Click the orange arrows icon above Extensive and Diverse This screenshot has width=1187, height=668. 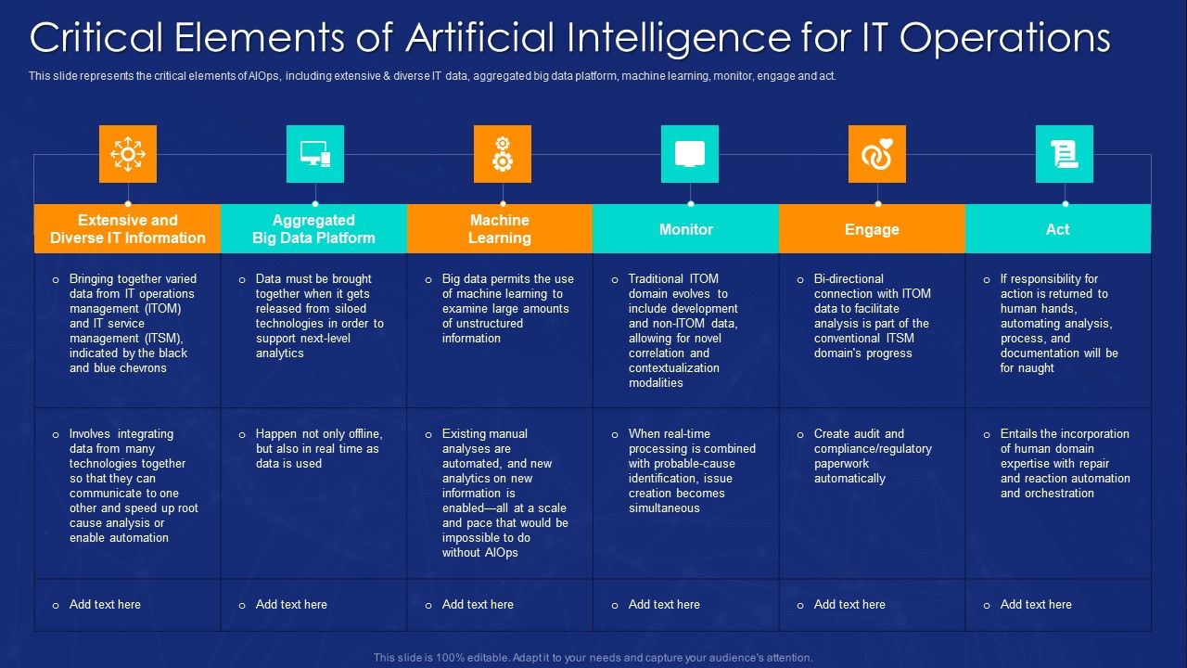click(128, 154)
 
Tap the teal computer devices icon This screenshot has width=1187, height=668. click(315, 154)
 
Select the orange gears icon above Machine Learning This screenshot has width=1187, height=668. click(503, 154)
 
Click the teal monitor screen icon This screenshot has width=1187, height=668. click(690, 154)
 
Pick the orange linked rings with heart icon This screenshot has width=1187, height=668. click(877, 154)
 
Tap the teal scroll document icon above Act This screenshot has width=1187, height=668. click(1065, 154)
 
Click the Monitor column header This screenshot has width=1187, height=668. click(686, 229)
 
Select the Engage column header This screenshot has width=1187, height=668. click(872, 229)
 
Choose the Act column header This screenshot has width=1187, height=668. click(1057, 229)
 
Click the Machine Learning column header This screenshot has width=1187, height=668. click(500, 229)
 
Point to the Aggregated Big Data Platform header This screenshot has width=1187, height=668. click(313, 229)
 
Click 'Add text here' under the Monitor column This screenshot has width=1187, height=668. click(664, 605)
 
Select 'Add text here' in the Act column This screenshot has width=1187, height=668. click(1036, 605)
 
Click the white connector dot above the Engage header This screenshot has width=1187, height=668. click(877, 203)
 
